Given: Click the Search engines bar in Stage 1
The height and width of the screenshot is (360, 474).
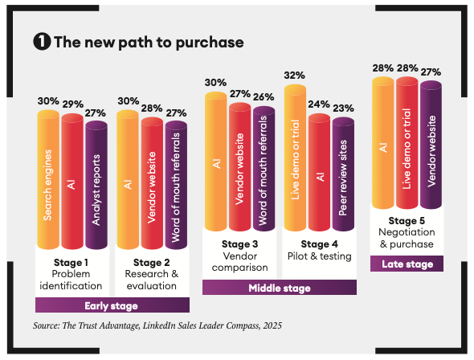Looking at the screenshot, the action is (48, 179).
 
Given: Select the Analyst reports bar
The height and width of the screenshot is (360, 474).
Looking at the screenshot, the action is (96, 185).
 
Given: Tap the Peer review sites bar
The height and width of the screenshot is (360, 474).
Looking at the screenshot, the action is (343, 174).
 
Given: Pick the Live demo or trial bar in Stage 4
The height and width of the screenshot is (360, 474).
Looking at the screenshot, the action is (296, 157).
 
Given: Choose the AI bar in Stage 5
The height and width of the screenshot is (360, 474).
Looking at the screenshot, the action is (383, 143).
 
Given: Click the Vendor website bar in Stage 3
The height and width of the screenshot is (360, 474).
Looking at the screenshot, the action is (240, 167).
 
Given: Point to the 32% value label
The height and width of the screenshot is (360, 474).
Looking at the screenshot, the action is (294, 76).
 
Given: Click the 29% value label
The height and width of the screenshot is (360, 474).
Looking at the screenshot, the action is (73, 104).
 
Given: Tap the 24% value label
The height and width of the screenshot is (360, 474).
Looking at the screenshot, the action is (319, 104).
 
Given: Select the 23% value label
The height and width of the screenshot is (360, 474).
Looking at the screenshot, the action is (343, 108).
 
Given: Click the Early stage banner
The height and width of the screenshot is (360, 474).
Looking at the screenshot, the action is (112, 305).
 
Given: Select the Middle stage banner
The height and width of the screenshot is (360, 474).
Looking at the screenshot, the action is (280, 288).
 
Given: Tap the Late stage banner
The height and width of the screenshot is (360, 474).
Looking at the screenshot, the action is (407, 264).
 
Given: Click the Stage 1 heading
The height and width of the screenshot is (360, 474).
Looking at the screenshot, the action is (71, 263).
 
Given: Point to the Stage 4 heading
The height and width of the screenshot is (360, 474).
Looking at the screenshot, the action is (320, 244).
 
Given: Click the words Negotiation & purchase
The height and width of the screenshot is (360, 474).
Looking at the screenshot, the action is (407, 238).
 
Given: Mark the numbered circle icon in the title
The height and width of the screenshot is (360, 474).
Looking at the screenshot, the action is (42, 42).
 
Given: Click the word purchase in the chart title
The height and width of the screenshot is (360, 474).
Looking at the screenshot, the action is (210, 43).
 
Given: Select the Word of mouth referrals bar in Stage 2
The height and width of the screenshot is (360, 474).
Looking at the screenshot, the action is (176, 185).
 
